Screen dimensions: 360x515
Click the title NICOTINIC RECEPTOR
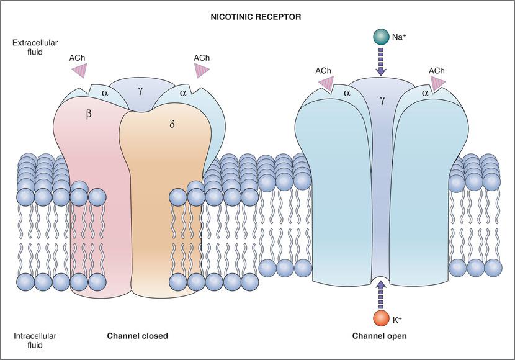click(257, 17)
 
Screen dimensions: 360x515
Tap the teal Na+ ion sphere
click(381, 37)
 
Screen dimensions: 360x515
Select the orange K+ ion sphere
click(381, 318)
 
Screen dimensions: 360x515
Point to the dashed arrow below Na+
click(381, 62)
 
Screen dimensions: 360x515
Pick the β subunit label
click(89, 114)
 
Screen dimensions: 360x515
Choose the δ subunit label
click(172, 124)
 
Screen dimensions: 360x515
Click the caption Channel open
click(380, 336)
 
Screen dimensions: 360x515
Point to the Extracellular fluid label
click(30, 48)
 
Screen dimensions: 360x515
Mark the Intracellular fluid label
click(35, 341)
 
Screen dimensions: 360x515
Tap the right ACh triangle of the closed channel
click(202, 71)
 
